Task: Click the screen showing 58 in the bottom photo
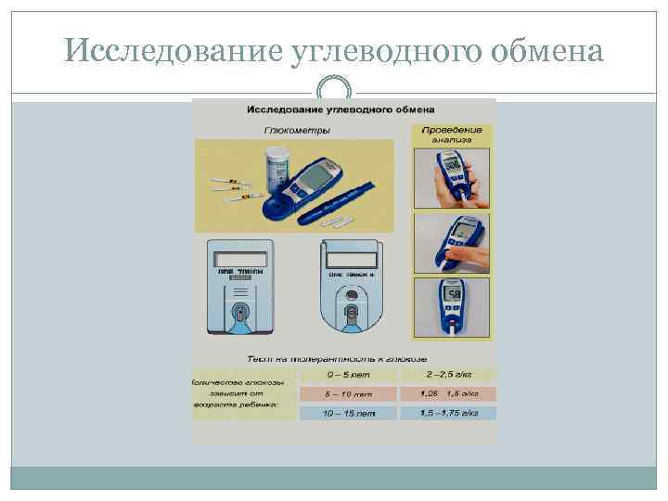coord(454,295)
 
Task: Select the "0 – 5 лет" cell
coord(343,375)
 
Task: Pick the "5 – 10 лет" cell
coord(343,393)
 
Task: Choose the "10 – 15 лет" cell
coord(343,413)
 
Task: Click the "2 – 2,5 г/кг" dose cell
coord(448,375)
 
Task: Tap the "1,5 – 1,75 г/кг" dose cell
coord(448,413)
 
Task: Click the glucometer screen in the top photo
coord(454,166)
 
